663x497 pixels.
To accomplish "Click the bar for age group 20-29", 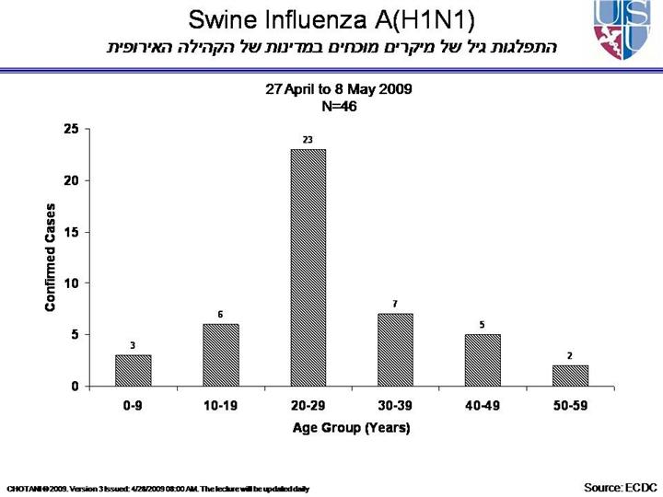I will (x=308, y=267).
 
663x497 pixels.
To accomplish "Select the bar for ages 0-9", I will (x=133, y=370).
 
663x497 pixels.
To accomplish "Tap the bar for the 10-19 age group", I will (x=220, y=354).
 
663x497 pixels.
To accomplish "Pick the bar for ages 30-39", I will (x=395, y=350).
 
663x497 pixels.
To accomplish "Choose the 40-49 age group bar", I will (x=483, y=360).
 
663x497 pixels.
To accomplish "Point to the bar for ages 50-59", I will (x=570, y=376).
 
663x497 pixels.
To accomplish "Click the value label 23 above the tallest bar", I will (x=308, y=140).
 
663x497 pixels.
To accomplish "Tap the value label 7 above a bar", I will (x=395, y=304).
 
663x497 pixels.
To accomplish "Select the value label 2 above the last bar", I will (x=570, y=355).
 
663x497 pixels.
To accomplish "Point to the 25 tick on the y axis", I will (x=71, y=129).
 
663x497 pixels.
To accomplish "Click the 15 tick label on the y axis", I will (x=71, y=232).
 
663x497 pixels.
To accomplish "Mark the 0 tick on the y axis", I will (x=75, y=387).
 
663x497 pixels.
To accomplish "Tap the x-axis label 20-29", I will (x=308, y=406).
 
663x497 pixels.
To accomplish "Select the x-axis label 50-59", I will (x=570, y=406).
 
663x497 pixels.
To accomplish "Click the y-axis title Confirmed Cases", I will (x=52, y=258).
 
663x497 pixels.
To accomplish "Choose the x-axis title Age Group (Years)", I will (x=351, y=428).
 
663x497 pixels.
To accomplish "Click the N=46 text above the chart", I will (x=338, y=106).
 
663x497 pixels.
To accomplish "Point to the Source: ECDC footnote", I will (x=616, y=486).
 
